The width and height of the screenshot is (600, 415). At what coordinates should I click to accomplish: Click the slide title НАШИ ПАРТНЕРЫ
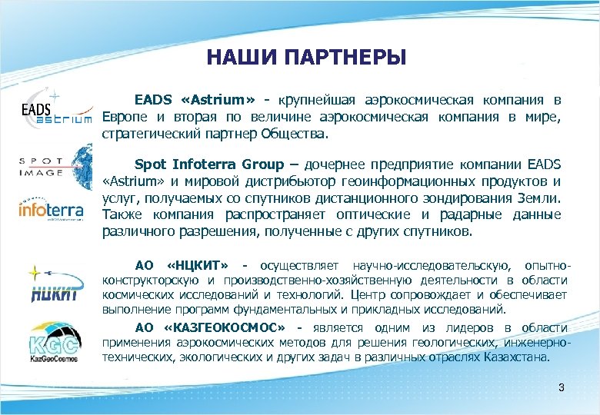point(306,58)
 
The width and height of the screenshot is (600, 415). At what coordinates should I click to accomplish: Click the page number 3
point(561,387)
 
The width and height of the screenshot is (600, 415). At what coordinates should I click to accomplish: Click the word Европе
point(125,117)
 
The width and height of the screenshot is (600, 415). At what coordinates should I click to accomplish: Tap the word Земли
point(541,198)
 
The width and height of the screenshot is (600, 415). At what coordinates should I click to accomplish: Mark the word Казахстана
point(517,357)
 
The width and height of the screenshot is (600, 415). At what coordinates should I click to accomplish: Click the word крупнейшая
point(321,100)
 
